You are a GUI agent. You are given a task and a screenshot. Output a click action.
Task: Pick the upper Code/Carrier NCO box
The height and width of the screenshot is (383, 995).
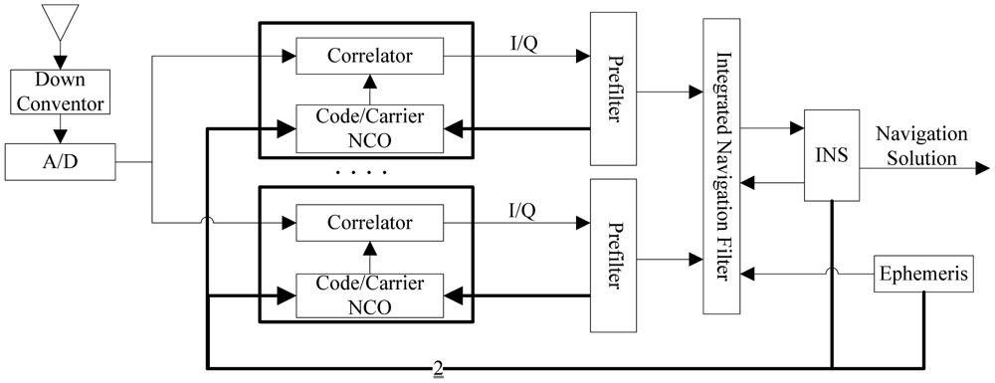tap(370, 127)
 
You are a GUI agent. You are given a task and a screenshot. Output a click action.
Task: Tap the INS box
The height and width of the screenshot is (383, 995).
tap(831, 155)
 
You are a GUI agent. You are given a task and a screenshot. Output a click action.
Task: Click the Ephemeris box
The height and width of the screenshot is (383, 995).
tap(922, 275)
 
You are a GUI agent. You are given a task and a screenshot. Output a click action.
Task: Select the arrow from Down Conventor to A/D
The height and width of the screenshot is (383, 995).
tap(60, 127)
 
